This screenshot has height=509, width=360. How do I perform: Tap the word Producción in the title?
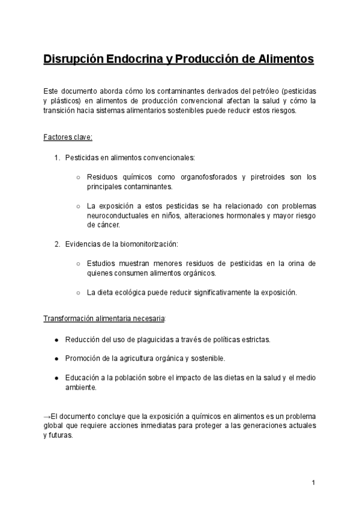click(208, 59)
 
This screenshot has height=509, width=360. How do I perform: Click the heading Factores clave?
click(68, 137)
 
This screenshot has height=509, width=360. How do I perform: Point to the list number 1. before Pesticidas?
click(57, 158)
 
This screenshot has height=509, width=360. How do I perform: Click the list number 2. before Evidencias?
click(57, 244)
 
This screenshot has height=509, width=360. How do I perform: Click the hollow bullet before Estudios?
click(79, 264)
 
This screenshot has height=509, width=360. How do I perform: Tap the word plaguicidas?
click(154, 340)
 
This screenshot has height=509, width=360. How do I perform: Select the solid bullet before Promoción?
click(57, 358)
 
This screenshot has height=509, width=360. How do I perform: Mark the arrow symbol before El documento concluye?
click(47, 416)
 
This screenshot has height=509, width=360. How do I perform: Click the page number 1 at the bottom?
click(314, 483)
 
